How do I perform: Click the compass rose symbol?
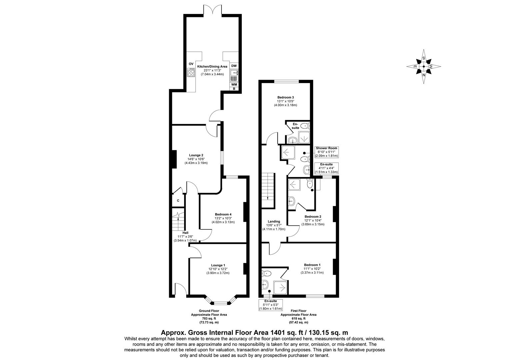[423, 66]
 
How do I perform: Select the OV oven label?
[191, 64]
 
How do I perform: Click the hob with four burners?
[191, 72]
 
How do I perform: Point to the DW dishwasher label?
[234, 66]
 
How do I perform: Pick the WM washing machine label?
[234, 85]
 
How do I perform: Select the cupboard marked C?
[178, 201]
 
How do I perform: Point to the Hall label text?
[185, 233]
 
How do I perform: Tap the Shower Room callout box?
[326, 152]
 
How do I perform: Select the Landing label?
[274, 221]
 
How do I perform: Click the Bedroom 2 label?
[313, 216]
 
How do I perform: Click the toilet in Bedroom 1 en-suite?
[267, 273]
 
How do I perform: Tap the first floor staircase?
[268, 190]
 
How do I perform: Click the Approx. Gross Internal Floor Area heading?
[254, 332]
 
